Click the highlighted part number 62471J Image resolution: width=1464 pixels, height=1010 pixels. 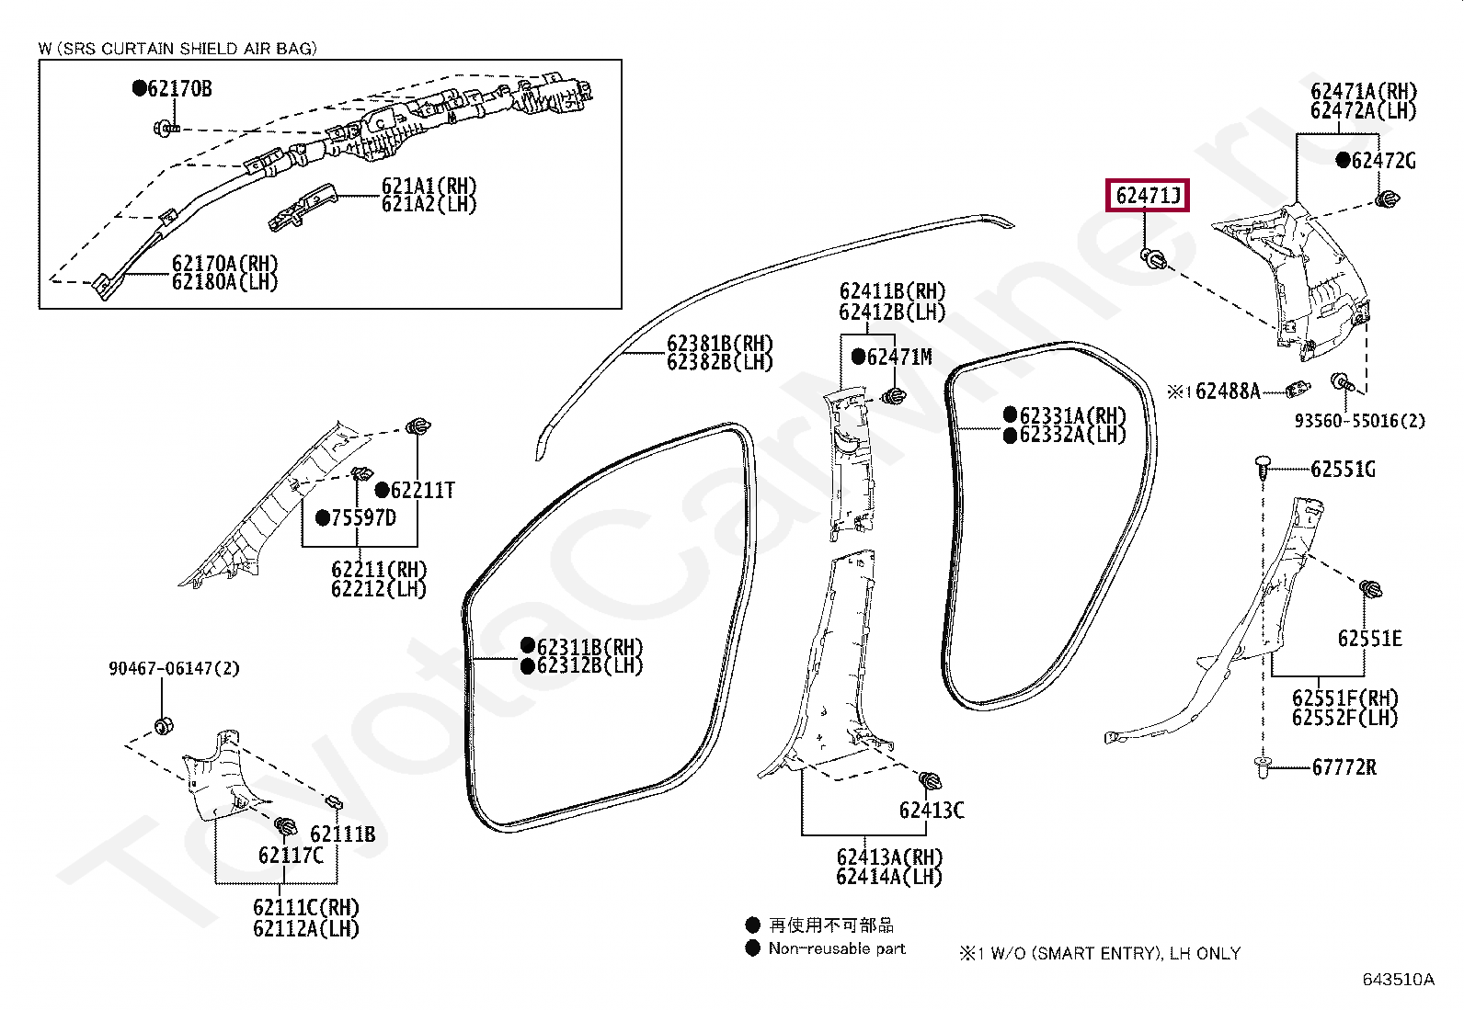pos(1148,196)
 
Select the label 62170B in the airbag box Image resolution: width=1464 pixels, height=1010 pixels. pos(179,88)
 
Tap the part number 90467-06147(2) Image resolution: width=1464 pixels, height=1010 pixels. pos(174,669)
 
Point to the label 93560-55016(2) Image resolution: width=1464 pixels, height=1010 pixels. pos(1360,421)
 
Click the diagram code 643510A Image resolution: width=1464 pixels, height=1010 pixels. pos(1398,980)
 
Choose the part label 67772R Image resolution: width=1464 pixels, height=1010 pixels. pos(1344,766)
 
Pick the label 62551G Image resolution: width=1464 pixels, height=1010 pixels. pos(1343,470)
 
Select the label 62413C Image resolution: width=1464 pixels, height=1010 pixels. pos(932,810)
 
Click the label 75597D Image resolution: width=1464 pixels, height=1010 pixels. pos(362,518)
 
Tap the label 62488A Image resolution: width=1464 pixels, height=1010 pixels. pos(1228,392)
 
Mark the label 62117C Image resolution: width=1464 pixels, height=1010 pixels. pos(291,856)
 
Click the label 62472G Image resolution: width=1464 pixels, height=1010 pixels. pos(1383,161)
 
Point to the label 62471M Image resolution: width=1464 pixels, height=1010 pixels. pos(898,357)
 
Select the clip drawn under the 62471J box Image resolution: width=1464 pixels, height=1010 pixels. pos(1153,260)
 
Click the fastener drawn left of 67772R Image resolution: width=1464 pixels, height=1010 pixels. pos(1263,766)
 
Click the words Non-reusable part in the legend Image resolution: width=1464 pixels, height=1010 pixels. pos(837,948)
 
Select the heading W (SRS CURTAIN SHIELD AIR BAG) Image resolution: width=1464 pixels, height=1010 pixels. pos(177,48)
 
